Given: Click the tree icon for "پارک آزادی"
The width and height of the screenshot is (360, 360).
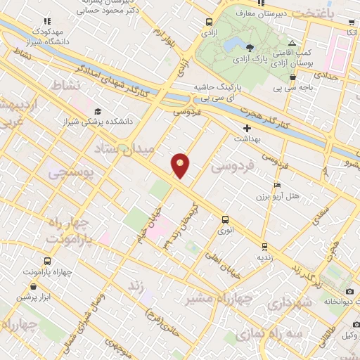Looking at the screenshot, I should pyautogui.click(x=250, y=47).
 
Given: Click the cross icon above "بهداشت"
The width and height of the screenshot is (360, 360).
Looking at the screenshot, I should pyautogui.click(x=247, y=129).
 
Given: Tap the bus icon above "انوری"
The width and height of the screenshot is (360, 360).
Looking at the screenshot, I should pyautogui.click(x=225, y=219).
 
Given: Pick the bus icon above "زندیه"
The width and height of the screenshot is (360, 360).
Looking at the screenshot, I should pyautogui.click(x=264, y=246).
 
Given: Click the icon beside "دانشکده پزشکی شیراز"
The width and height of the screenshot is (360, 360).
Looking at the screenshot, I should pyautogui.click(x=98, y=112).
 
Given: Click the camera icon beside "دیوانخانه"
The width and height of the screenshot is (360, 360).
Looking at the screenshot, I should pyautogui.click(x=350, y=292).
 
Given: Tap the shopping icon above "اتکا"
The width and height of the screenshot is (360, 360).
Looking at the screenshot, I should pyautogui.click(x=349, y=22).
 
